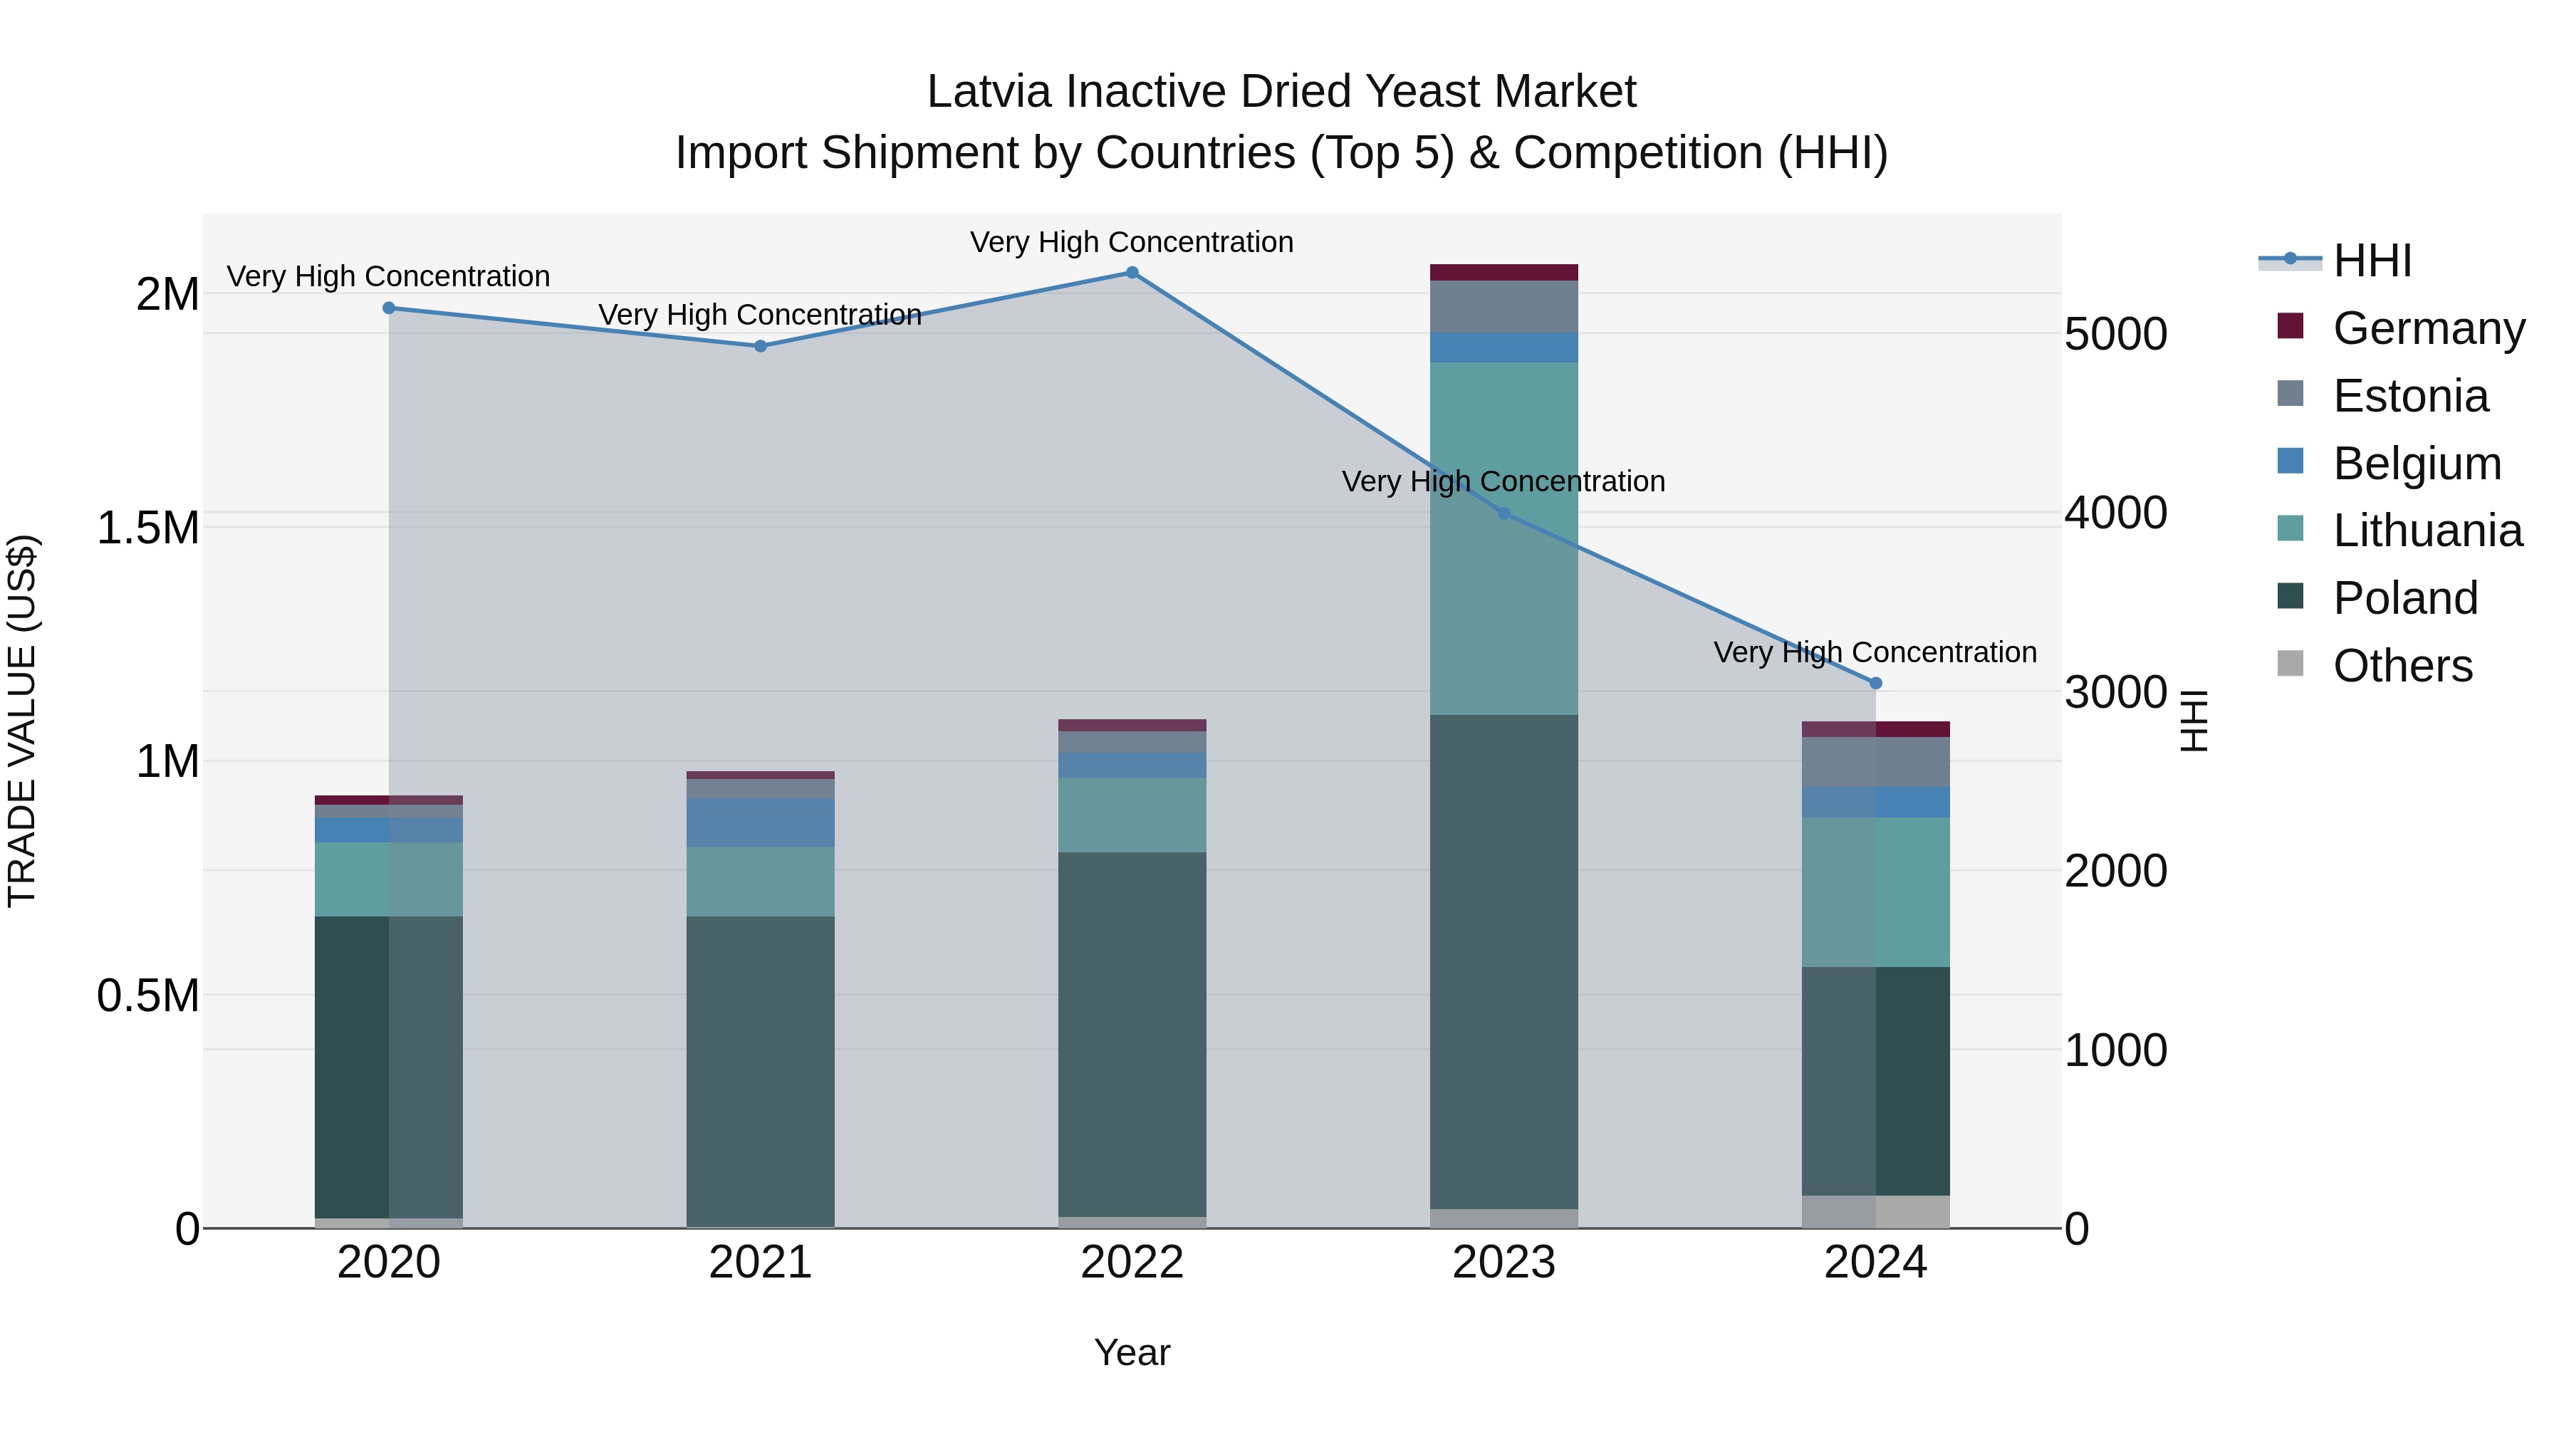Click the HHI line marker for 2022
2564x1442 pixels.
click(x=1132, y=273)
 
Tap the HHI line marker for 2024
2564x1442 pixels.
click(x=1875, y=683)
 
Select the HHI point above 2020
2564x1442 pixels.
click(x=389, y=308)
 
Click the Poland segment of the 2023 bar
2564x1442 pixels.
click(x=1504, y=961)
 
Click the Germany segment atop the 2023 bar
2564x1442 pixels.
click(x=1504, y=273)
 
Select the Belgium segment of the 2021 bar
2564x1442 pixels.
click(x=761, y=822)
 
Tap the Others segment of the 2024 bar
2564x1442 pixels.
click(x=1875, y=1211)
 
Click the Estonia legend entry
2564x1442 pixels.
click(x=2409, y=396)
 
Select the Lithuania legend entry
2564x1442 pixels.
click(x=2427, y=531)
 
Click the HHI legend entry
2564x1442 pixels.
click(x=2372, y=261)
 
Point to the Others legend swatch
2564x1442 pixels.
click(x=2291, y=664)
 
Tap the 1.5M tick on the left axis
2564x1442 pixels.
click(x=148, y=528)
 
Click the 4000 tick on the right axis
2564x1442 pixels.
click(x=2115, y=513)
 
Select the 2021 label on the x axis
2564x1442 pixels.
click(x=761, y=1263)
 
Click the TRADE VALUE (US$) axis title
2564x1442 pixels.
click(x=22, y=721)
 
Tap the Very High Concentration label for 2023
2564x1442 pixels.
click(x=1503, y=481)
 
